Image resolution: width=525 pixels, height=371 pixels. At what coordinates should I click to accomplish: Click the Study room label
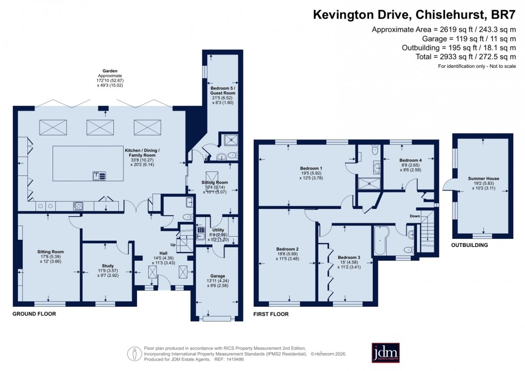pos(105,266)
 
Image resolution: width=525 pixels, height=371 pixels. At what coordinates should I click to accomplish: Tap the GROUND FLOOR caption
pos(34,313)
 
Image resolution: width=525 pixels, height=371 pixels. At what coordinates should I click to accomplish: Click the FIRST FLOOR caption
pos(271,313)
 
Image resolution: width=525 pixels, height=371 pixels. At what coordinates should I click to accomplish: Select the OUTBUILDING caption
pos(469,245)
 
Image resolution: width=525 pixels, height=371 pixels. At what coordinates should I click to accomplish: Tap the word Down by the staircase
pos(415,216)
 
